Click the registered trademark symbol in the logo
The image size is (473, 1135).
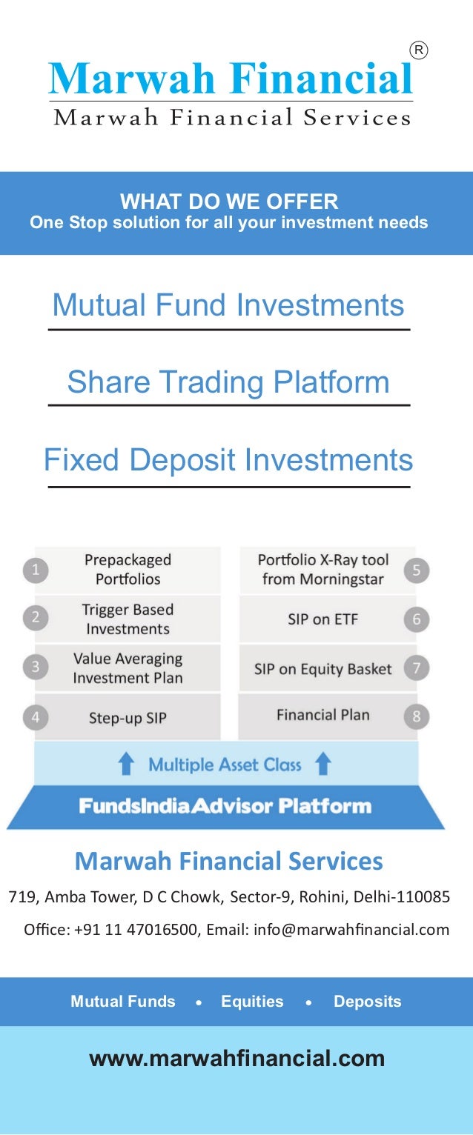click(x=419, y=50)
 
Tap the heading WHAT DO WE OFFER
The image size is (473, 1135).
click(x=229, y=201)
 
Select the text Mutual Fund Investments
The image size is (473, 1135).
click(x=228, y=305)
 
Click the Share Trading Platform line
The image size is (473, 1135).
click(x=228, y=382)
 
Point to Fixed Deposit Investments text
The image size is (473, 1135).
click(x=228, y=460)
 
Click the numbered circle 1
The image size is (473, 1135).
click(x=35, y=570)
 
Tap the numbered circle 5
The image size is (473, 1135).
click(x=417, y=570)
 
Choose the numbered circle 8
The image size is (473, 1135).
click(x=417, y=716)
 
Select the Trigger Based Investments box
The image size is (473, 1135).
click(x=128, y=619)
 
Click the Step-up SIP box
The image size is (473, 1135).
click(x=128, y=717)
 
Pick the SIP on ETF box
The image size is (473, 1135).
click(x=322, y=619)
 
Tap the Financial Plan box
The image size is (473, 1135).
click(x=322, y=715)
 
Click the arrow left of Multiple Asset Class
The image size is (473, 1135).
click(x=127, y=764)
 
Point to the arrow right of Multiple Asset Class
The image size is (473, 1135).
click(x=322, y=764)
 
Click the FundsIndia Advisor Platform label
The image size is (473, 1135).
click(x=225, y=805)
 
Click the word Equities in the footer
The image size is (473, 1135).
click(x=252, y=1002)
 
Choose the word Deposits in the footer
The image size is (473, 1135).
click(x=367, y=1002)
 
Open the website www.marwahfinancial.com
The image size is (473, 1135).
click(x=236, y=1058)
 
